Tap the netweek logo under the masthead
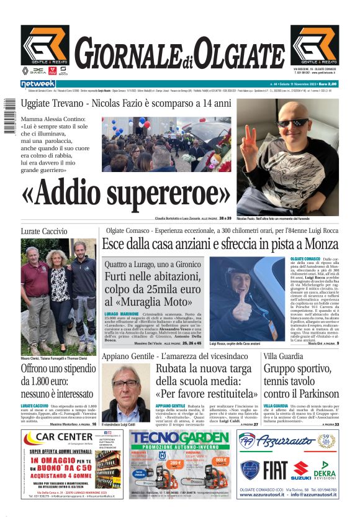(x=38, y=84)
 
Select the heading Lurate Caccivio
(x=44, y=231)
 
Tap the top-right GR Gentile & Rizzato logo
(x=315, y=45)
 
